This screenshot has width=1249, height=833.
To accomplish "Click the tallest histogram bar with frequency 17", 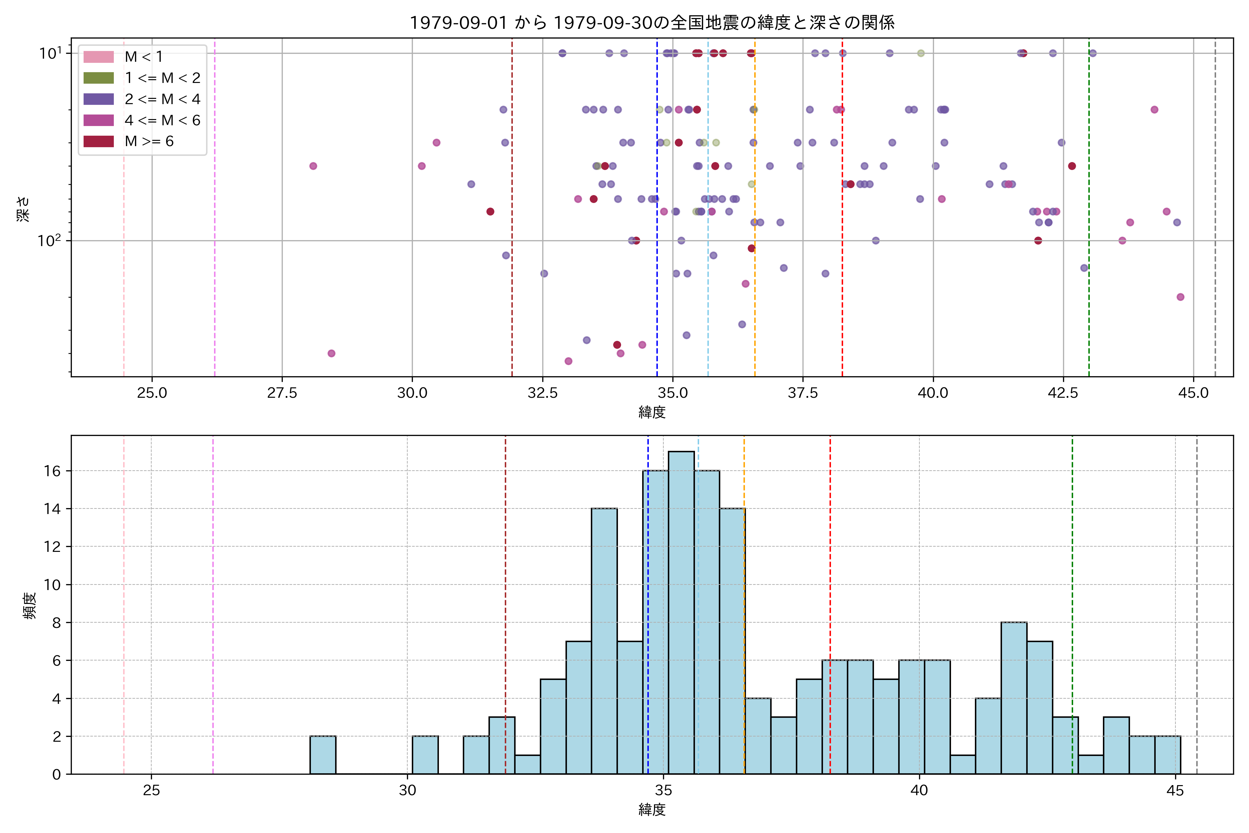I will (x=681, y=611).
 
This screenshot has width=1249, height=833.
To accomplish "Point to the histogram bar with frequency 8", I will (x=1014, y=698).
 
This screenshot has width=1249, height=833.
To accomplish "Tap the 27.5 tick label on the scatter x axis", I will (x=282, y=393).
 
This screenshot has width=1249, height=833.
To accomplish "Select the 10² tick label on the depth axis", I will (x=49, y=241).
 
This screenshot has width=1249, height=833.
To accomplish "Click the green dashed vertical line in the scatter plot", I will (x=1089, y=212).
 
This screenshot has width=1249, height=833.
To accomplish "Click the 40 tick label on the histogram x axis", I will (x=919, y=791).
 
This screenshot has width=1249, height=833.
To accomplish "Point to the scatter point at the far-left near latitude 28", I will (x=313, y=166).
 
